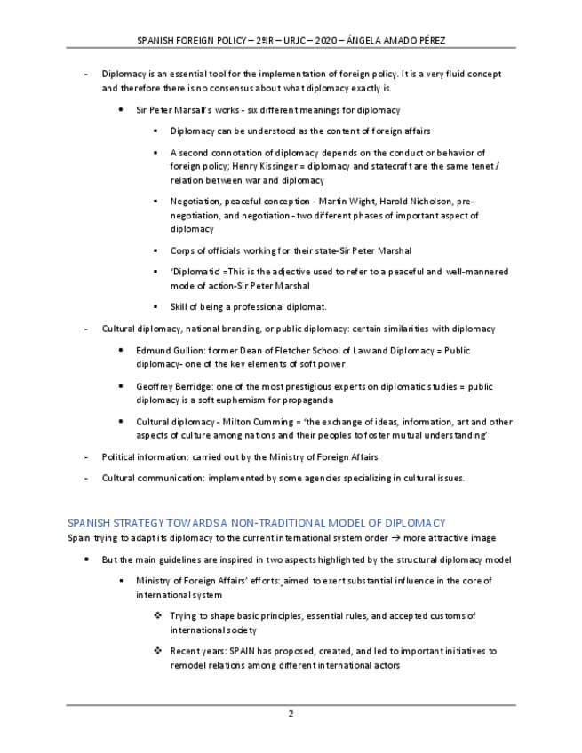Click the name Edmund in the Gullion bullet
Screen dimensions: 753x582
click(153, 351)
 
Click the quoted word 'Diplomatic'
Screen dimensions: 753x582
click(195, 273)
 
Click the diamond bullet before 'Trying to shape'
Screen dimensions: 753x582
click(156, 615)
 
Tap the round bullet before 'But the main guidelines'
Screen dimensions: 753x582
click(85, 560)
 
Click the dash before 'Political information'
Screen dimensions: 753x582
click(85, 457)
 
